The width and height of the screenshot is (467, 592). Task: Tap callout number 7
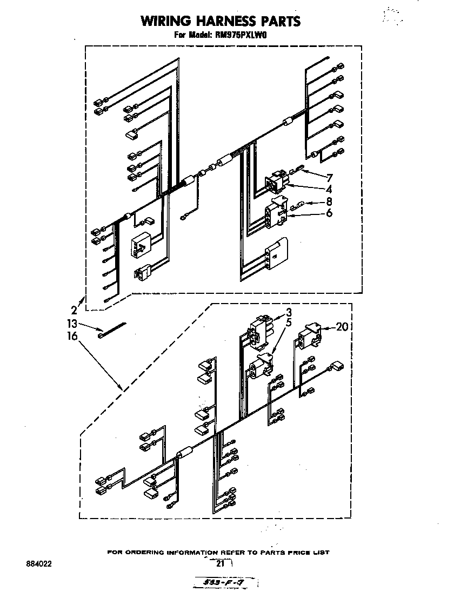point(329,177)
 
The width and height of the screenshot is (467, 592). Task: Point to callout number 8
point(329,202)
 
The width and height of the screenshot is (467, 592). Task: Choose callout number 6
point(329,213)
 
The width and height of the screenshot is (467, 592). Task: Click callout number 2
point(74,310)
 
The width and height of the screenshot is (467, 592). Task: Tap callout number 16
point(72,336)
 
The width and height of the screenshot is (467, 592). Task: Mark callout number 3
point(289,312)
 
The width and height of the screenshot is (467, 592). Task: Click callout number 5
point(289,323)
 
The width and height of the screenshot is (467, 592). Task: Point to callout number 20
point(342,326)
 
